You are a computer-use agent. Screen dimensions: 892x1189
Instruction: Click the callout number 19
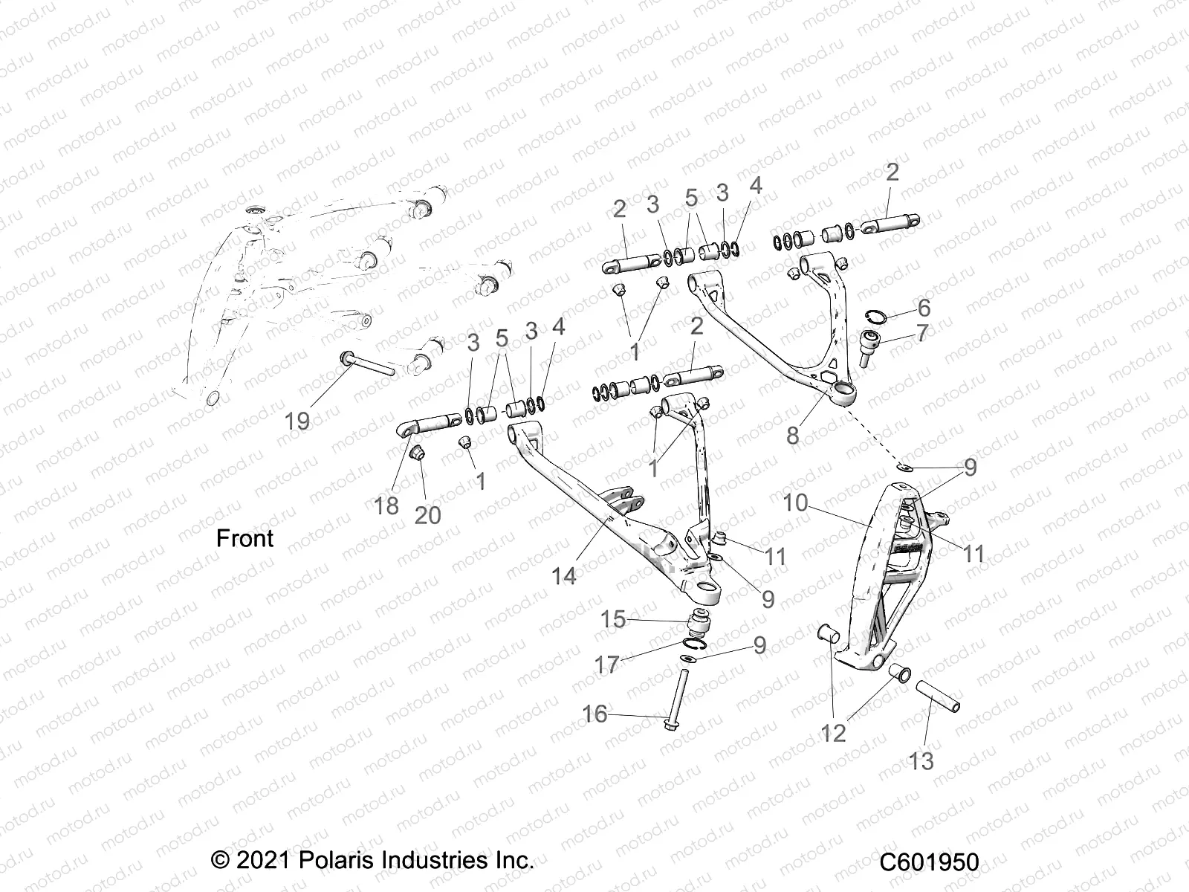pyautogui.click(x=297, y=421)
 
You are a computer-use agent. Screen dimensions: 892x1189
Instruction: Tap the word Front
pyautogui.click(x=244, y=538)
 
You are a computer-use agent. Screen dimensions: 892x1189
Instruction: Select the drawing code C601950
pyautogui.click(x=929, y=863)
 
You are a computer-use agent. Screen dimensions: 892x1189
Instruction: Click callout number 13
pyautogui.click(x=921, y=761)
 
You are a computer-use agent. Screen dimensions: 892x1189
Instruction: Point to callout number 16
pyautogui.click(x=594, y=714)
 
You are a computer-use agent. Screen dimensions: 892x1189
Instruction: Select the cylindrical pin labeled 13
pyautogui.click(x=937, y=697)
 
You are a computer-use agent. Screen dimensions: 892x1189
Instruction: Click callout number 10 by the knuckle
pyautogui.click(x=795, y=502)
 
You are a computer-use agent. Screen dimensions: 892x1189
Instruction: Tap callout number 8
pyautogui.click(x=793, y=435)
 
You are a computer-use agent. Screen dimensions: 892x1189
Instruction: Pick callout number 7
pyautogui.click(x=922, y=333)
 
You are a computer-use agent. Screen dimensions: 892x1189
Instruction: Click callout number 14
pyautogui.click(x=564, y=575)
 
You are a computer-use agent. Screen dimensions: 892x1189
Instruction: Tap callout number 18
pyautogui.click(x=386, y=505)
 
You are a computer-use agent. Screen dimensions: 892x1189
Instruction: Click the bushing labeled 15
pyautogui.click(x=698, y=621)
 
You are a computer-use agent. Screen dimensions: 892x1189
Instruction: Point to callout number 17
pyautogui.click(x=607, y=664)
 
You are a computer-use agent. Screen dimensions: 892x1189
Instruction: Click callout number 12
pyautogui.click(x=834, y=733)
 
